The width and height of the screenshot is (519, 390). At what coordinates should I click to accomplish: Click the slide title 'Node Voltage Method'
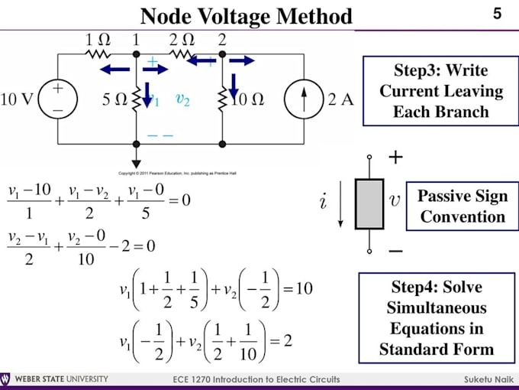[x=247, y=16]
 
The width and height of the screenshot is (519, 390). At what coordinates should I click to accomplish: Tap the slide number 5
[x=498, y=14]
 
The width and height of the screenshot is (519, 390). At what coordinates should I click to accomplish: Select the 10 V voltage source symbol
[x=58, y=99]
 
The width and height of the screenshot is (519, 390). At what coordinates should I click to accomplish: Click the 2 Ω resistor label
[x=181, y=38]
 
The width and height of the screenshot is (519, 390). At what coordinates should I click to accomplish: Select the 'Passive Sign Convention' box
[x=463, y=206]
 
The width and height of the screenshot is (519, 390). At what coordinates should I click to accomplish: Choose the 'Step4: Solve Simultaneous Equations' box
[x=438, y=318]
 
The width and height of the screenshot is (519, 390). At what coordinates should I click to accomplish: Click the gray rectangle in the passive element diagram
[x=369, y=204]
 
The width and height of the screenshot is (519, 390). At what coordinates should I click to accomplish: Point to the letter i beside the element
[x=324, y=203]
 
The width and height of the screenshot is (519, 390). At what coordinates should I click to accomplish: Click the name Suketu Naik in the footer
[x=485, y=380]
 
